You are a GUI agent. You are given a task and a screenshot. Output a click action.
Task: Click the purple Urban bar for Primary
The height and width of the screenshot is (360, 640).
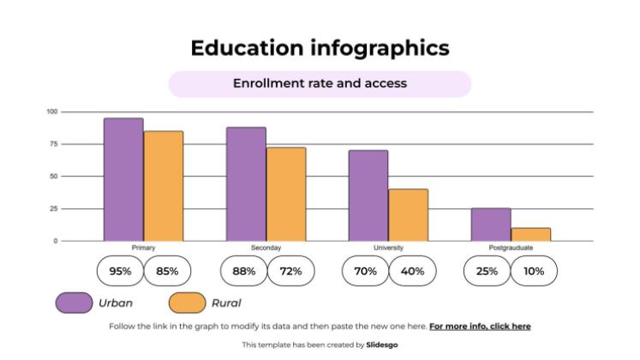pos(123,179)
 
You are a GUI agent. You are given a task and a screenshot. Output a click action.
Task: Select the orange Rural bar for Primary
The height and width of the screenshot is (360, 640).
pos(163,186)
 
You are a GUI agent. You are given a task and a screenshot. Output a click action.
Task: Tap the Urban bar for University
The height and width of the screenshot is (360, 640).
pos(368,195)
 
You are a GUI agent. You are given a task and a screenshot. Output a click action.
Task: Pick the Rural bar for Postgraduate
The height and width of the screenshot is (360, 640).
pos(530,234)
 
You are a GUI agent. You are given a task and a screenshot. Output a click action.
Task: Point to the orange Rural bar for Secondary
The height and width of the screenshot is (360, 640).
pos(285,194)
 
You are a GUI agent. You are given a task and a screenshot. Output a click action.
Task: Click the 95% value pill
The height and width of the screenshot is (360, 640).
pos(120,272)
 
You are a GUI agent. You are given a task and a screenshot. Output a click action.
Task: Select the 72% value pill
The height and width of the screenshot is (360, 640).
pos(290,272)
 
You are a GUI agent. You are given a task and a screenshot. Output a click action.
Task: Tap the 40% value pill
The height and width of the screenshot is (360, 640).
pos(413,272)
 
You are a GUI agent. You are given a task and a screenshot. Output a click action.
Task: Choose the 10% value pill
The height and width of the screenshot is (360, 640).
pos(534,272)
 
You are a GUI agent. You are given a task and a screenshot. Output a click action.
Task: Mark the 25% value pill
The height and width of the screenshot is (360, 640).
pos(487,272)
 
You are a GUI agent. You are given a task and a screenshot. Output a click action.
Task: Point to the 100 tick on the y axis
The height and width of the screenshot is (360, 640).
pos(51,111)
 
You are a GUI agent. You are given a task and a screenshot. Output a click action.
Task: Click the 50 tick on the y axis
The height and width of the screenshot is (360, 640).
pos(53,177)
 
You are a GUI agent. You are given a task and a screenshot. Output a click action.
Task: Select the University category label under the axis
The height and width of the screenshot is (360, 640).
pos(388,248)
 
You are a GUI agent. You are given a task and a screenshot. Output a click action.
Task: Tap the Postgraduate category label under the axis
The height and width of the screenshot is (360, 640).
pos(511,248)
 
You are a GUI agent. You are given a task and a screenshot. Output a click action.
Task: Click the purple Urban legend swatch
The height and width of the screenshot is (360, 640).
pos(74,303)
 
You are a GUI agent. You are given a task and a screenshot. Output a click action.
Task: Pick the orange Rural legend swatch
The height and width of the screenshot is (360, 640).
pos(187,303)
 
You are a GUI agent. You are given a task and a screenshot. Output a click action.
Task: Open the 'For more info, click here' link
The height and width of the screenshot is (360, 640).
pos(480,327)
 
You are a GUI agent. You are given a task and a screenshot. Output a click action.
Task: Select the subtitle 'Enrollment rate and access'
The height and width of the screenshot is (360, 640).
pos(320,84)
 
